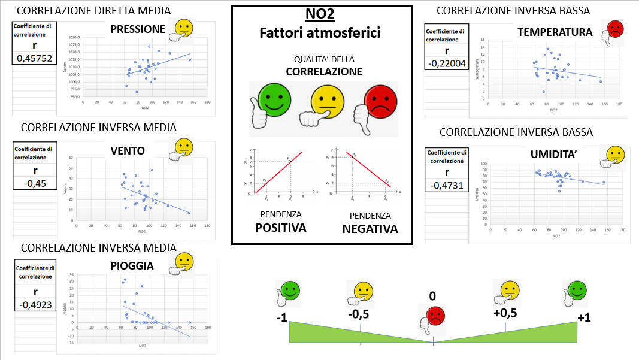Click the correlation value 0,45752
[34, 59]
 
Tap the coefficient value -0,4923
[34, 304]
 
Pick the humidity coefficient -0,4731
[446, 185]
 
